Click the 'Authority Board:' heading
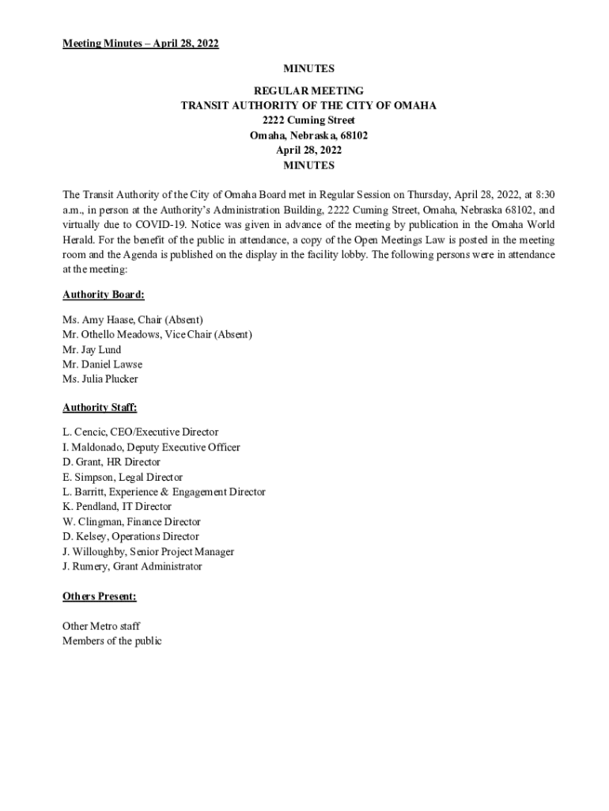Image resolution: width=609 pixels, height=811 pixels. click(103, 295)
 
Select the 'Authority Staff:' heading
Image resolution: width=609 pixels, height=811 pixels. click(100, 408)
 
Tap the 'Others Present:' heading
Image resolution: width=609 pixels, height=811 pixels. click(99, 596)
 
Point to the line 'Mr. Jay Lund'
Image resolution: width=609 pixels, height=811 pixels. click(92, 349)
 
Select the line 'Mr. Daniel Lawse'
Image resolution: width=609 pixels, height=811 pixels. click(102, 364)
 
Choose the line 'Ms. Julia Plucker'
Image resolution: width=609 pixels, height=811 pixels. click(100, 379)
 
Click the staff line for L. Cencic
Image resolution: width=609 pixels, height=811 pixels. click(140, 432)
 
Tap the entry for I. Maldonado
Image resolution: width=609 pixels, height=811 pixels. click(151, 447)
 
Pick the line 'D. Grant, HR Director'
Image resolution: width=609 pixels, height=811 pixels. click(111, 462)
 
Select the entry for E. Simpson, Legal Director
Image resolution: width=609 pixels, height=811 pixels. click(123, 477)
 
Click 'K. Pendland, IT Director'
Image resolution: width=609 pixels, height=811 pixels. click(117, 507)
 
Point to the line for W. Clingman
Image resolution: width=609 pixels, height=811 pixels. click(131, 522)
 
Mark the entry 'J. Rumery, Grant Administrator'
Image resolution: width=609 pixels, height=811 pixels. click(132, 566)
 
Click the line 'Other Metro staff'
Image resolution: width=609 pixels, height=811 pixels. click(101, 626)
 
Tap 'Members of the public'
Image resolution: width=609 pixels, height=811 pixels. click(112, 642)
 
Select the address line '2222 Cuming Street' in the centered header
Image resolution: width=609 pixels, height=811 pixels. click(308, 120)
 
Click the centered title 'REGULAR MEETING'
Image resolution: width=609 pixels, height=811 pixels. click(308, 91)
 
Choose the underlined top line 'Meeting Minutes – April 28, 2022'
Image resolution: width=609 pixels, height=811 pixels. click(140, 44)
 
